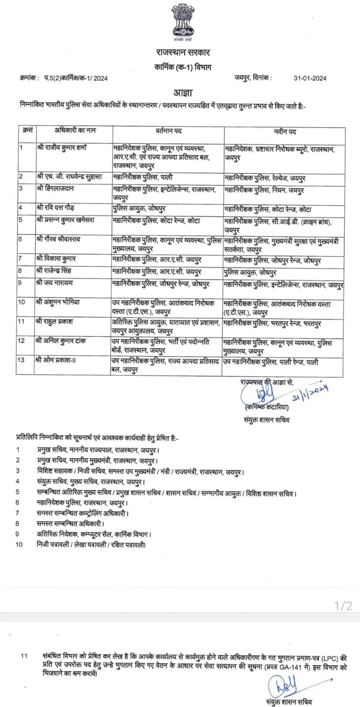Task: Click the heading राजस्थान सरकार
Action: (x=183, y=52)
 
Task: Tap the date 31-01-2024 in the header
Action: (x=310, y=78)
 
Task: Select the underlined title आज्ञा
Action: (x=183, y=93)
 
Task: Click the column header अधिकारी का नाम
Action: (x=75, y=130)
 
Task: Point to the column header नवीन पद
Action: (x=285, y=131)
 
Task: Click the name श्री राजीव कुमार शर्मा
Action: (x=62, y=148)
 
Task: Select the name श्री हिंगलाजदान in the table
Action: (x=55, y=188)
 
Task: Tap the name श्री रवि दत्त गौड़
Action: (x=56, y=208)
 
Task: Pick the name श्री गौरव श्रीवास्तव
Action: (x=58, y=239)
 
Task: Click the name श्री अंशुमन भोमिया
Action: (x=58, y=302)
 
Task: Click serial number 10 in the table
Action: (x=21, y=302)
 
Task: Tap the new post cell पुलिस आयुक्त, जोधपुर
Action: (x=250, y=272)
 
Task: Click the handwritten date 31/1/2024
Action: (x=310, y=393)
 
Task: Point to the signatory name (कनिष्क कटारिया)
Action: (x=267, y=407)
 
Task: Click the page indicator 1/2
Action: (x=343, y=605)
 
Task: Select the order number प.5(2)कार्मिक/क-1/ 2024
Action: (x=76, y=78)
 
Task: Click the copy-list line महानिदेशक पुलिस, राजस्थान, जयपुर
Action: (x=82, y=503)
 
